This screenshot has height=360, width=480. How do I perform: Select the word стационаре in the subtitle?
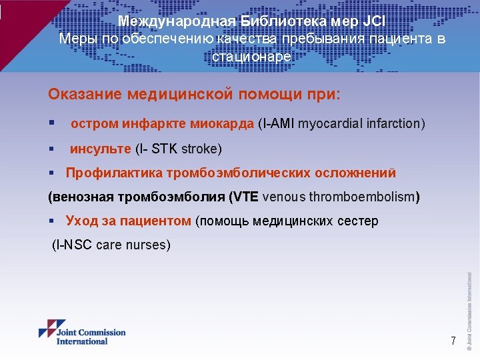pyautogui.click(x=251, y=57)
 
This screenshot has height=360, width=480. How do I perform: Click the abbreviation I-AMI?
pyautogui.click(x=276, y=124)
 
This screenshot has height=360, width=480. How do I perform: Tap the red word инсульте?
pyautogui.click(x=101, y=148)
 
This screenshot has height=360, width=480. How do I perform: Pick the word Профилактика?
pyautogui.click(x=114, y=173)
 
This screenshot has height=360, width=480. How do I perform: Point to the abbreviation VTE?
pyautogui.click(x=245, y=197)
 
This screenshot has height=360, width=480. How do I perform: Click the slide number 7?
pyautogui.click(x=453, y=341)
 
